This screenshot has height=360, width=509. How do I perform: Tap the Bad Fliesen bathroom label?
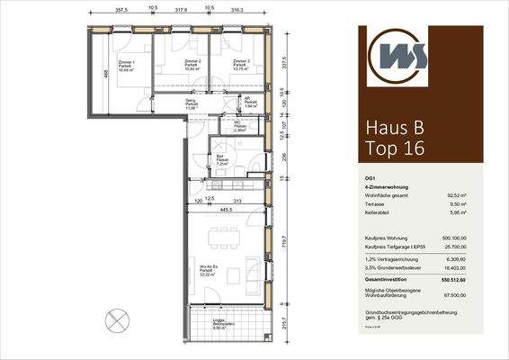pos(220,161)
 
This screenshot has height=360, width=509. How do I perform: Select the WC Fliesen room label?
pos(239,127)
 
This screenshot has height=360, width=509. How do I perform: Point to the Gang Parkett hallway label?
pos(191,103)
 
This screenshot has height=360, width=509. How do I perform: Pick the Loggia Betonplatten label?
pos(219,326)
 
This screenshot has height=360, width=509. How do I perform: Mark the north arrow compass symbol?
pos(114,321)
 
